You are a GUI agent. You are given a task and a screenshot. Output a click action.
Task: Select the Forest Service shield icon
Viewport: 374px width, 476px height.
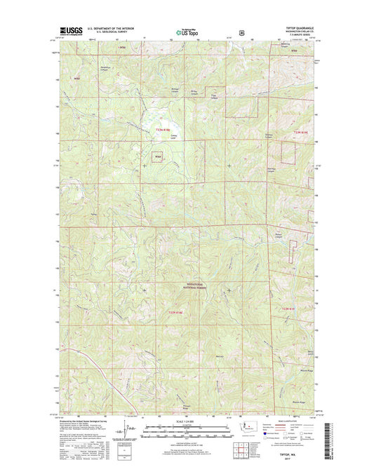click(x=243, y=31)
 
